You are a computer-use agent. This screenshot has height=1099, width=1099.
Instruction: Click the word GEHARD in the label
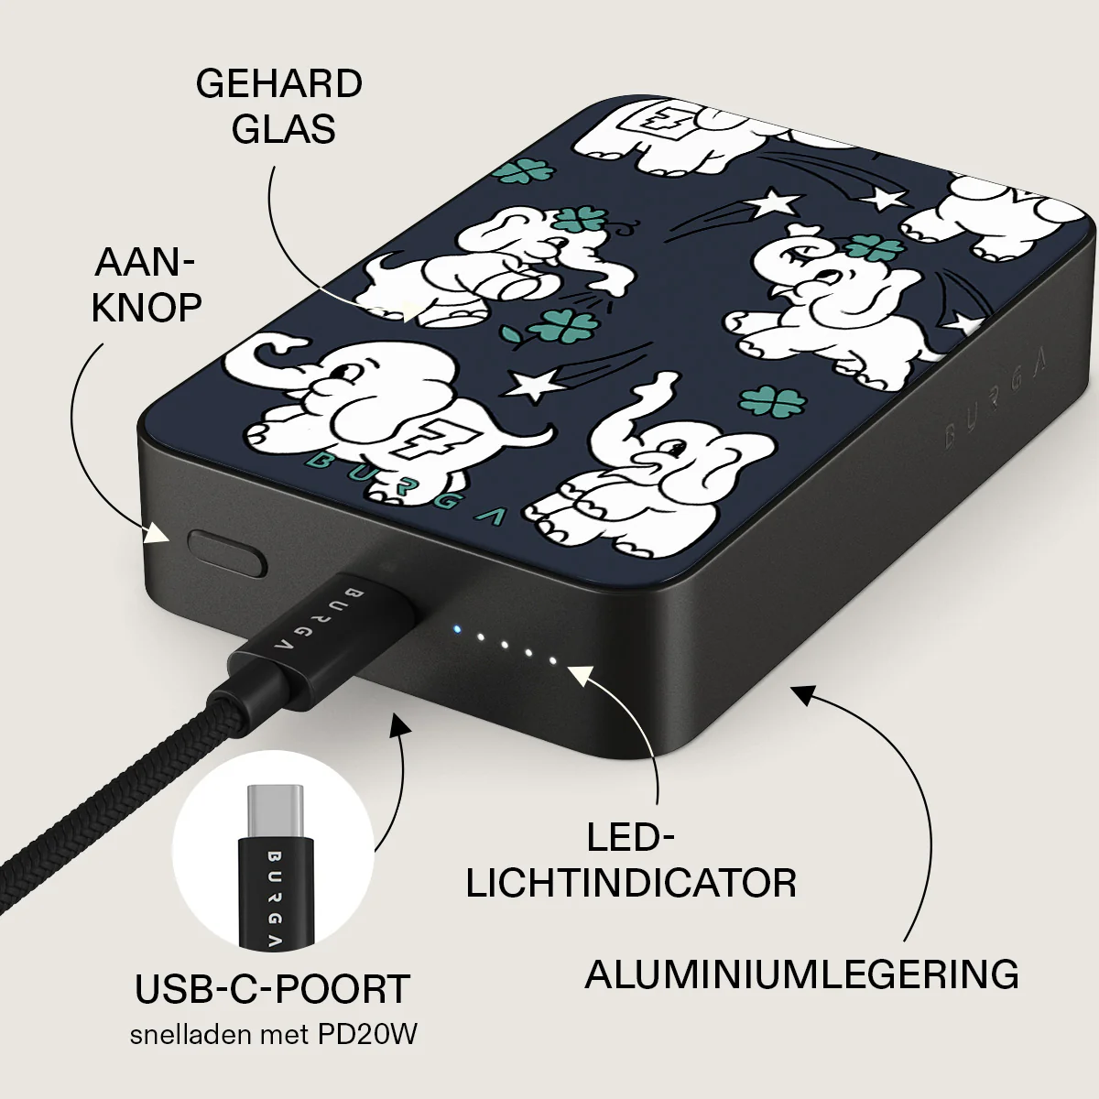pos(279,84)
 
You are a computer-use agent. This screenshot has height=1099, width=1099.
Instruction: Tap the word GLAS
pos(283,129)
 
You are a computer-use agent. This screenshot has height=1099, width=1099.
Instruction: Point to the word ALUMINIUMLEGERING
pos(801,974)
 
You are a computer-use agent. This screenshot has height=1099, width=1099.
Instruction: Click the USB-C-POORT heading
pos(273,988)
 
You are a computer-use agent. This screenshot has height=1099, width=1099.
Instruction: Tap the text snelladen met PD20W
pos(273,1035)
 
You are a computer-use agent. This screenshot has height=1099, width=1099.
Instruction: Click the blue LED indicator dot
pos(456,629)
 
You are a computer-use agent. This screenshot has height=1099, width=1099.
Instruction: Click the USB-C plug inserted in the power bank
pos(321,639)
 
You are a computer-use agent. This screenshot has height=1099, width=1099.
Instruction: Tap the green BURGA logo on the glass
pos(406,488)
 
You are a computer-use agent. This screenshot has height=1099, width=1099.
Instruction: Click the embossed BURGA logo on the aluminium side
pos(995,399)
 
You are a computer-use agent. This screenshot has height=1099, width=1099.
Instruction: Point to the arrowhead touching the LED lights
pos(582,677)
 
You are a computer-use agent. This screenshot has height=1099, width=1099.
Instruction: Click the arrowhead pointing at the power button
pos(157,533)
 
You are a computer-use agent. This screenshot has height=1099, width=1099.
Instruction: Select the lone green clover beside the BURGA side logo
pos(773,401)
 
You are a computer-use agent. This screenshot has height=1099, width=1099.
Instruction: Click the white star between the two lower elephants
pos(536,385)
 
